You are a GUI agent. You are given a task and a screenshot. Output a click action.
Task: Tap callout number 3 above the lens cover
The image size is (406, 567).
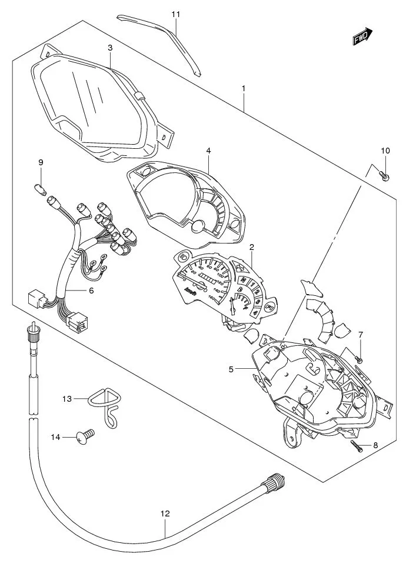110,48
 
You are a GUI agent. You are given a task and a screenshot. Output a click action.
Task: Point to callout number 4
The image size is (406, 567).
208,151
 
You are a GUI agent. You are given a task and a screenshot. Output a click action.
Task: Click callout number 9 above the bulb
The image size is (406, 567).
41,162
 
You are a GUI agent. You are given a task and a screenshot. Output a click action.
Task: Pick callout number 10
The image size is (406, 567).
385,151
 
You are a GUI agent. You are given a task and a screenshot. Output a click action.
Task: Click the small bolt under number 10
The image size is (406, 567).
384,175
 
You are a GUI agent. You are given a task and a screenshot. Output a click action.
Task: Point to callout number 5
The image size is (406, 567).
232,369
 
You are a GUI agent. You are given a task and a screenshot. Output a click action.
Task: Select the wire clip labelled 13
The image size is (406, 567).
105,406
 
